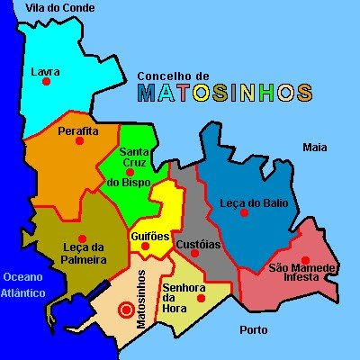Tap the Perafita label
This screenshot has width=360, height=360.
pyautogui.click(x=77, y=131)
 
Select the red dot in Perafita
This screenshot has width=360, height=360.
pyautogui.click(x=80, y=141)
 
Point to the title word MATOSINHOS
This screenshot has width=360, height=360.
pyautogui.click(x=225, y=93)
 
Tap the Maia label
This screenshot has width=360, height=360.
pyautogui.click(x=314, y=147)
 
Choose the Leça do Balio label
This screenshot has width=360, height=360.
pyautogui.click(x=254, y=203)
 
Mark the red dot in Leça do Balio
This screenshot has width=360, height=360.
pyautogui.click(x=245, y=213)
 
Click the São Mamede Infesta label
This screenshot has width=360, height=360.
pyautogui.click(x=301, y=273)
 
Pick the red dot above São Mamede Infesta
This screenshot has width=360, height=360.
pyautogui.click(x=305, y=259)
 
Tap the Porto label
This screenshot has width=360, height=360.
pyautogui.click(x=253, y=329)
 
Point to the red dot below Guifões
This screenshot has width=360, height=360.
pyautogui.click(x=146, y=246)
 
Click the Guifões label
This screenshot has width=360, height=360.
pyautogui.click(x=150, y=236)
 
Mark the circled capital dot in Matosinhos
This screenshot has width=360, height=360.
pyautogui.click(x=125, y=310)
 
